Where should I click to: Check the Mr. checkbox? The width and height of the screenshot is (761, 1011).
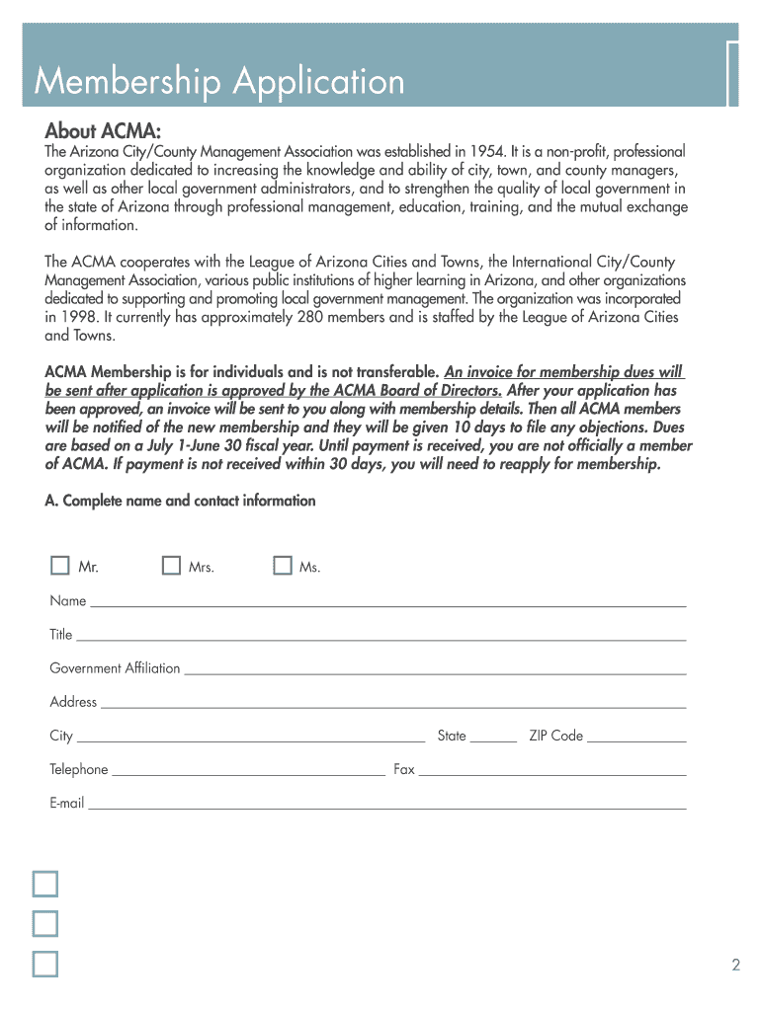coord(60,566)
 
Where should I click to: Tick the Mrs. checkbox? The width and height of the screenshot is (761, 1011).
coord(172,566)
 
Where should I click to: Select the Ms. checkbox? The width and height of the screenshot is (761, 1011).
coord(283,566)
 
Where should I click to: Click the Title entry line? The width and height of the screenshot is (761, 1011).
coord(380,635)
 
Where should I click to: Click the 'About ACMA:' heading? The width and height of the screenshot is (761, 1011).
coord(103,132)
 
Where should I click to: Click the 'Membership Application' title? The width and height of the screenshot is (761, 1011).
coord(219,81)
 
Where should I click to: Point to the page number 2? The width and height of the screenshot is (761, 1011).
coord(736,966)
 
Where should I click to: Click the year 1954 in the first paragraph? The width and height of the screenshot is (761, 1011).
coord(487,152)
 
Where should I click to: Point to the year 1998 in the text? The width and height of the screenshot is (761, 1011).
coord(81,317)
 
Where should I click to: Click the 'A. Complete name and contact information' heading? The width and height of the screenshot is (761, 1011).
coord(181,501)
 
